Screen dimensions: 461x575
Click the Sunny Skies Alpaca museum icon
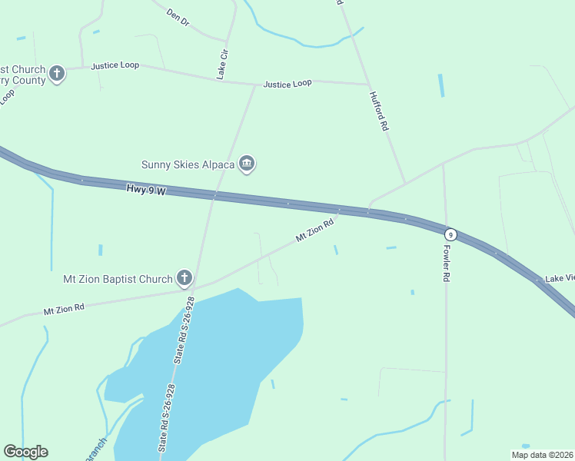click(x=247, y=163)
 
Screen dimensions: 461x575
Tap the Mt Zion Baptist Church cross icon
click(x=184, y=277)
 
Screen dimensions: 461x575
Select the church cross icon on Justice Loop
click(x=57, y=74)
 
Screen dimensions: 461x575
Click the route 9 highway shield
click(x=451, y=234)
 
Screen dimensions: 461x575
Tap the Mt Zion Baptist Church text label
click(x=118, y=279)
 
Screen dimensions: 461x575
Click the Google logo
click(x=25, y=452)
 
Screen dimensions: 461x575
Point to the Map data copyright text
click(x=542, y=455)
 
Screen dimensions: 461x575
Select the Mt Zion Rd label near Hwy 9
click(x=315, y=230)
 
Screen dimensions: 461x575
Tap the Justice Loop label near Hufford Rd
click(x=287, y=83)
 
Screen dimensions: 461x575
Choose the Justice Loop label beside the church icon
click(x=115, y=65)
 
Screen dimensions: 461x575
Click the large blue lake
click(x=231, y=353)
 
